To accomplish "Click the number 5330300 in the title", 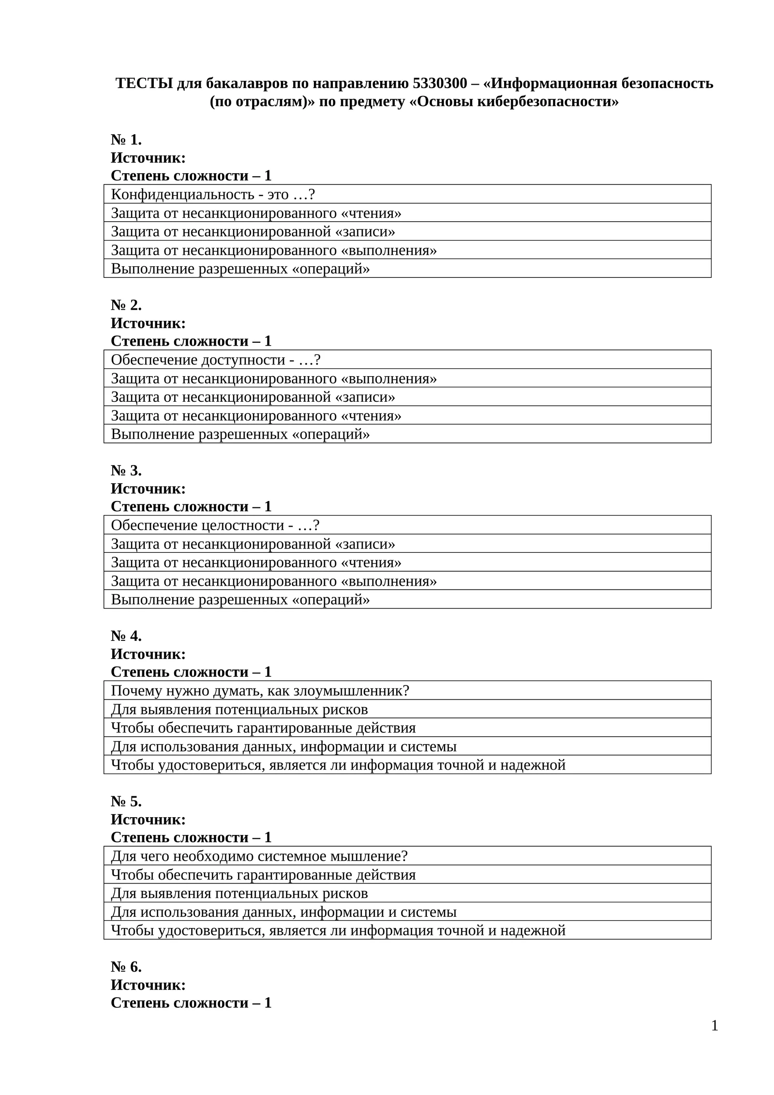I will (440, 83).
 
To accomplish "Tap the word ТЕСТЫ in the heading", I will (144, 83).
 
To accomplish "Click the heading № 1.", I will (126, 139).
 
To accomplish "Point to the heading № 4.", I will (126, 636).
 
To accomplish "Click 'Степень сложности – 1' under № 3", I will (191, 506).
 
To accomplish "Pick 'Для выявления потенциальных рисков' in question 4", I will (239, 709).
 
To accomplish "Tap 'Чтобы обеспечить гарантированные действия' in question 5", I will (263, 875).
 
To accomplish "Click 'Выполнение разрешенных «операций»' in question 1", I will (240, 269).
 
